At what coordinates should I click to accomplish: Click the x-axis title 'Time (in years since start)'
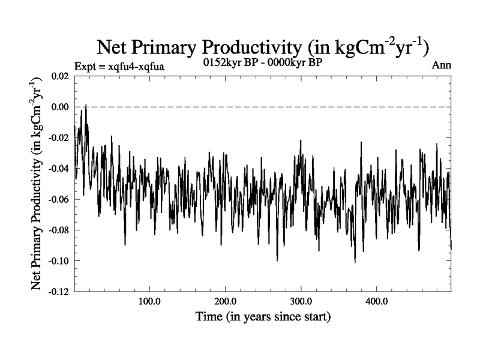(263, 316)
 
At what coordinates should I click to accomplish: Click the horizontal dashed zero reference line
(270, 107)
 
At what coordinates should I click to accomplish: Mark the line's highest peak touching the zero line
(86, 106)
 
